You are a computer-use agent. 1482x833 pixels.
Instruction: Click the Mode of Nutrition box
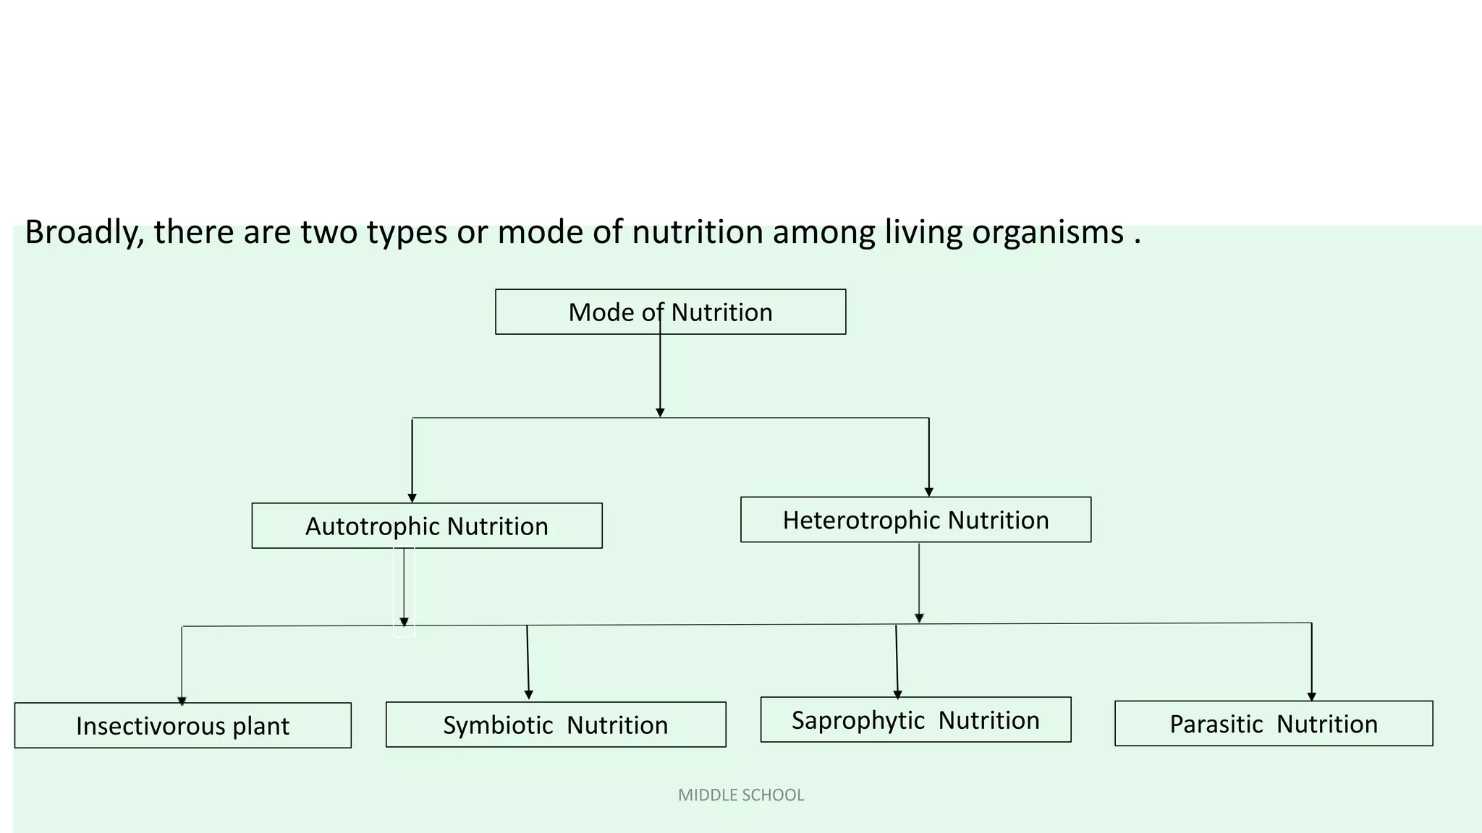pyautogui.click(x=670, y=312)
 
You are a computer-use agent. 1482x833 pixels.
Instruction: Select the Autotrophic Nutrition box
pyautogui.click(x=426, y=526)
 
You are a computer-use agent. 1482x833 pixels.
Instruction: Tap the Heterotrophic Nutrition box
pyautogui.click(x=915, y=520)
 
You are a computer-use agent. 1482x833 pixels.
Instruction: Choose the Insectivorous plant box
pyautogui.click(x=182, y=725)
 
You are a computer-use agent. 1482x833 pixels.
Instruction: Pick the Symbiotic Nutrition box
pyautogui.click(x=555, y=725)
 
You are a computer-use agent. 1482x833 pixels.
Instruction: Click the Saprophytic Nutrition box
pyautogui.click(x=915, y=719)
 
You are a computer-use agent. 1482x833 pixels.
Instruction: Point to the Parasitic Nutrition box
pyautogui.click(x=1273, y=723)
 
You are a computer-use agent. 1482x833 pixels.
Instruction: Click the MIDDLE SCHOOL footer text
pyautogui.click(x=741, y=795)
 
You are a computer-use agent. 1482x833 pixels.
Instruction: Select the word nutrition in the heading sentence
pyautogui.click(x=698, y=233)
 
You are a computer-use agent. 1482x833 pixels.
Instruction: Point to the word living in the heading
pyautogui.click(x=923, y=233)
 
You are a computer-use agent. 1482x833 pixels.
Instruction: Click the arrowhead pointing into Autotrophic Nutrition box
pyautogui.click(x=412, y=497)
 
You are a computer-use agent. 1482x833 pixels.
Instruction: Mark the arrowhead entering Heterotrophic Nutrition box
pyautogui.click(x=929, y=492)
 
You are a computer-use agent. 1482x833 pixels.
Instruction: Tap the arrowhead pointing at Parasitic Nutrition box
pyautogui.click(x=1311, y=696)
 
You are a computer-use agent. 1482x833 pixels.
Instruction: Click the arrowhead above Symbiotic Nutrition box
pyautogui.click(x=528, y=694)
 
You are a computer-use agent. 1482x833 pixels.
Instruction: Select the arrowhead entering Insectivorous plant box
pyautogui.click(x=182, y=700)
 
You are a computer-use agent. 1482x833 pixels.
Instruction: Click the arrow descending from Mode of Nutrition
pyautogui.click(x=660, y=376)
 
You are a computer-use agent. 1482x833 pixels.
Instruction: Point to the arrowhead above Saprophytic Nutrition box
pyautogui.click(x=897, y=694)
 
